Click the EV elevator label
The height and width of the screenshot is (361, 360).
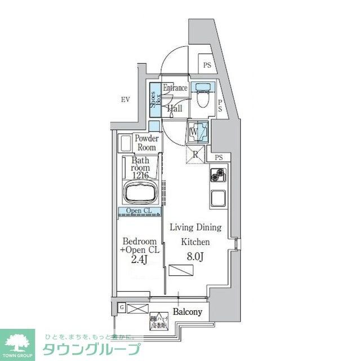[x=125, y=100]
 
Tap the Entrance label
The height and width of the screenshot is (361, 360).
[x=175, y=88]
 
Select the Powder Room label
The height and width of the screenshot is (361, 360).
[x=146, y=143]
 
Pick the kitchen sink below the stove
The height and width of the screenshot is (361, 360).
[x=218, y=199]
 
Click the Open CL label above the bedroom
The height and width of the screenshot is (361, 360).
[x=139, y=212]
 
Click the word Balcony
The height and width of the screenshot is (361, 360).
[x=187, y=311]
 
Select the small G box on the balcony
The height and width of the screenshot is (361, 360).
[x=122, y=307]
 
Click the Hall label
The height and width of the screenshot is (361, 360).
[x=174, y=108]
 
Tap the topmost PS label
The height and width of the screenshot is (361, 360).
[x=207, y=65]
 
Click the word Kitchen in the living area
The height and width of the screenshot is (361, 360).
[x=195, y=241]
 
